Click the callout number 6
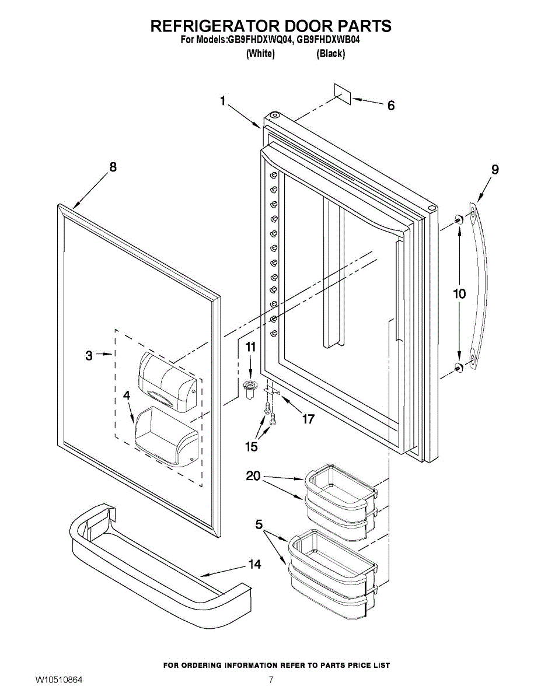391,106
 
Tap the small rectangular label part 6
342,93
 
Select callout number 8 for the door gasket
113,167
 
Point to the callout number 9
495,170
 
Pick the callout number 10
460,293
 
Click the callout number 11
250,347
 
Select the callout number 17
308,419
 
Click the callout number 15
251,447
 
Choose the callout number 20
253,477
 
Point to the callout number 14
254,564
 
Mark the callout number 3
89,355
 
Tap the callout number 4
127,395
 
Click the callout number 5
259,524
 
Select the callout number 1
223,101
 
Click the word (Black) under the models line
330,54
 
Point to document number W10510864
58,680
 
